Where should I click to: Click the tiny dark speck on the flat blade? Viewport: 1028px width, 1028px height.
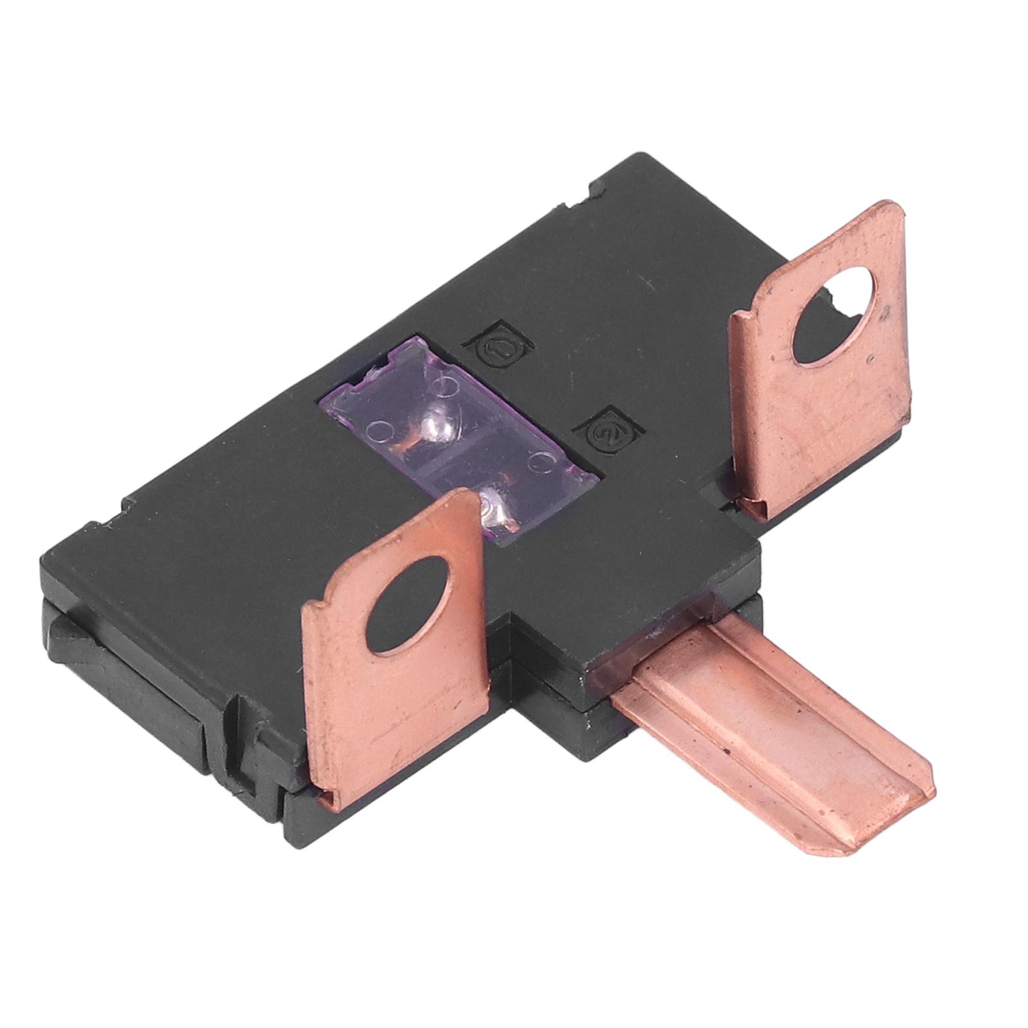coord(727,749)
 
